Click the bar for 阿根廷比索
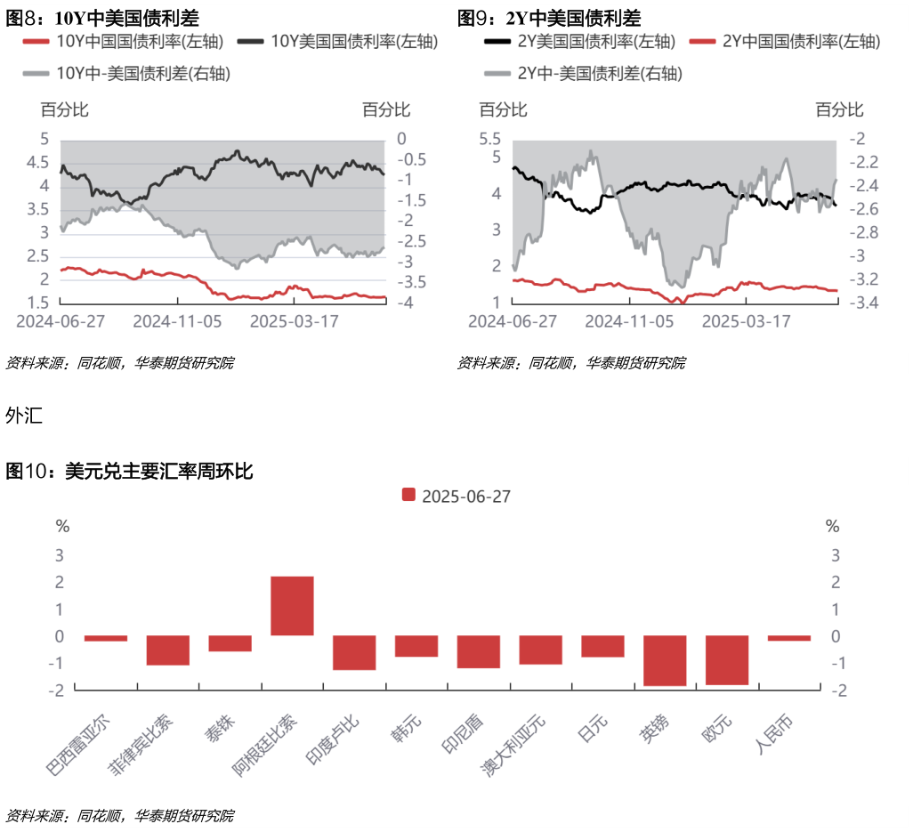pos(292,606)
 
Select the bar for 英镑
pos(665,660)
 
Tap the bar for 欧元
pos(727,659)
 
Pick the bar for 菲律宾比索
pos(168,650)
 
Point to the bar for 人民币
pos(789,638)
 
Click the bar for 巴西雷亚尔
pos(106,638)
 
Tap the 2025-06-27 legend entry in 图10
pos(456,496)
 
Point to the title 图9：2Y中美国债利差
pos(549,17)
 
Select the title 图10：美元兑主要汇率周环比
pos(130,472)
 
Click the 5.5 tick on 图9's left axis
pos(490,139)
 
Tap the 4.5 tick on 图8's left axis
pos(37,162)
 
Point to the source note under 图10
pos(121,815)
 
